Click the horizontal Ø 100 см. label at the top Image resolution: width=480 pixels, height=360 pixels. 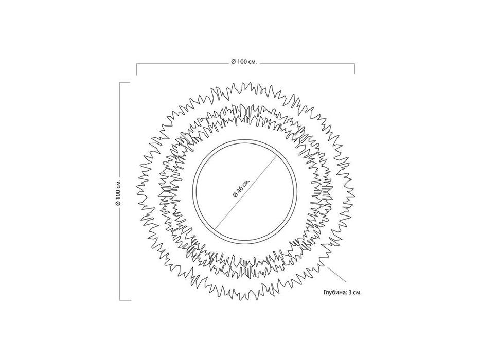click(244, 62)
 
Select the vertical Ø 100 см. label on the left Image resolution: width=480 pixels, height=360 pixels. click(118, 192)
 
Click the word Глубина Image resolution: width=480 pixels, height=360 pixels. click(334, 292)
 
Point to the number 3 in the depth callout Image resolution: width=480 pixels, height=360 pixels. click(349, 292)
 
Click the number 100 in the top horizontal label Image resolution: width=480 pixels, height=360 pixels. click(241, 62)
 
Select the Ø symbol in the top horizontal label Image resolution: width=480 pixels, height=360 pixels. click(233, 62)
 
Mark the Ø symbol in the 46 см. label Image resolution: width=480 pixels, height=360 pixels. click(235, 195)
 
